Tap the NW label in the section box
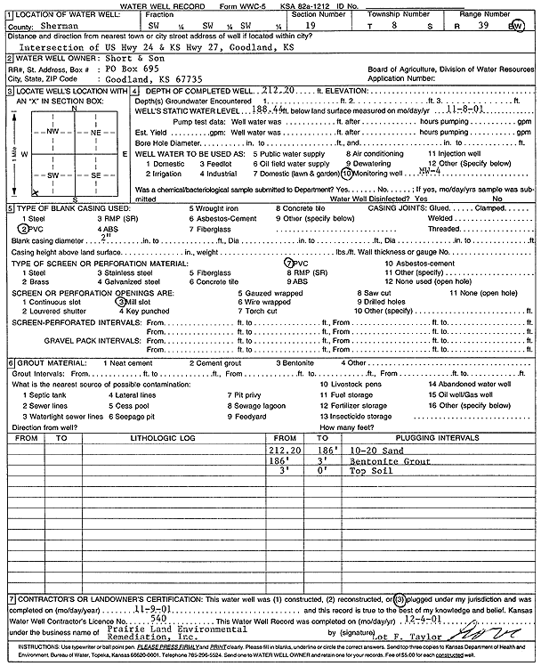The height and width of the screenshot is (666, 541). (52, 131)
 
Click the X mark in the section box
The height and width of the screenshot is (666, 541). (34, 192)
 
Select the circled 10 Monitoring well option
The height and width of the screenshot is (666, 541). (374, 175)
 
